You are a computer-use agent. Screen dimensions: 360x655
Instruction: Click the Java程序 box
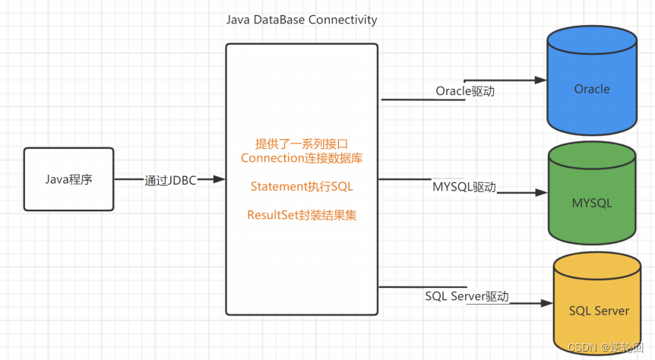pyautogui.click(x=68, y=179)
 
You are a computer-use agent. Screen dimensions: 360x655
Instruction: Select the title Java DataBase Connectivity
pyautogui.click(x=302, y=20)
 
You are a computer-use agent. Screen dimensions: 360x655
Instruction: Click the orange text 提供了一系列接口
pyautogui.click(x=302, y=144)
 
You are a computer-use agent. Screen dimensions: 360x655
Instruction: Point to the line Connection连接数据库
pyautogui.click(x=302, y=158)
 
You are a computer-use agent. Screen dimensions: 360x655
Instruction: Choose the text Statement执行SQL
pyautogui.click(x=302, y=186)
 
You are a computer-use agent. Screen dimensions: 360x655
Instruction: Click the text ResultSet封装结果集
pyautogui.click(x=302, y=215)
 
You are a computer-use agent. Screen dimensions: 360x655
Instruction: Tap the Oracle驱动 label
pyautogui.click(x=465, y=91)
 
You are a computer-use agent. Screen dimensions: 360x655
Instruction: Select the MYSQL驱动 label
pyautogui.click(x=464, y=187)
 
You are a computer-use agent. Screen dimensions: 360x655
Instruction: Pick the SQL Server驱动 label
pyautogui.click(x=467, y=296)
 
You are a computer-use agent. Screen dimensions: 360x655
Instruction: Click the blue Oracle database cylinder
pyautogui.click(x=591, y=84)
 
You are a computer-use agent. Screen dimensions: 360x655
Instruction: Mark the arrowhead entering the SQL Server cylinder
pyautogui.click(x=546, y=303)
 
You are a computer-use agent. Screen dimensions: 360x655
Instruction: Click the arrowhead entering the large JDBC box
pyautogui.click(x=220, y=179)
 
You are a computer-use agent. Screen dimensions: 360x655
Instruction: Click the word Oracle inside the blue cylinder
pyautogui.click(x=591, y=89)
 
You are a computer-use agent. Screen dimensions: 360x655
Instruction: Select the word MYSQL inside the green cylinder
pyautogui.click(x=591, y=204)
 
